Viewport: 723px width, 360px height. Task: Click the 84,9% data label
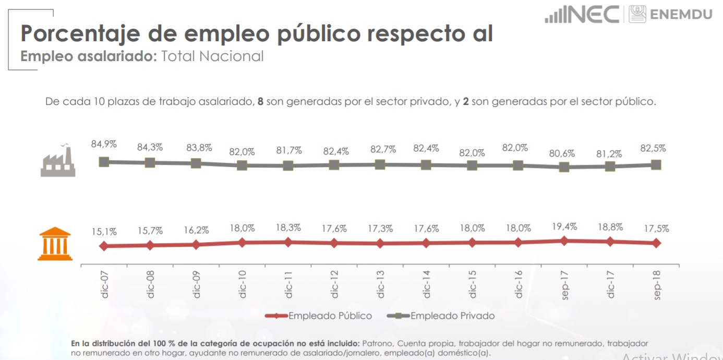click(x=104, y=144)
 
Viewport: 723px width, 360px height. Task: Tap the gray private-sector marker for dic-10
click(x=242, y=165)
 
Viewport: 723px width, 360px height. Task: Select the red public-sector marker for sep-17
click(x=564, y=241)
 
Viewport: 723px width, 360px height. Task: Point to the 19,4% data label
click(x=564, y=226)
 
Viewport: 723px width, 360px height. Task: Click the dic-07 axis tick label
click(x=105, y=284)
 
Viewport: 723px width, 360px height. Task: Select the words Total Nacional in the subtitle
click(x=212, y=56)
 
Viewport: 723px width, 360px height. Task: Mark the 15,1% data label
click(x=104, y=232)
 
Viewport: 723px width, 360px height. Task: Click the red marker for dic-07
click(x=104, y=246)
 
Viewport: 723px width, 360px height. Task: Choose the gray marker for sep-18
click(x=656, y=165)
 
